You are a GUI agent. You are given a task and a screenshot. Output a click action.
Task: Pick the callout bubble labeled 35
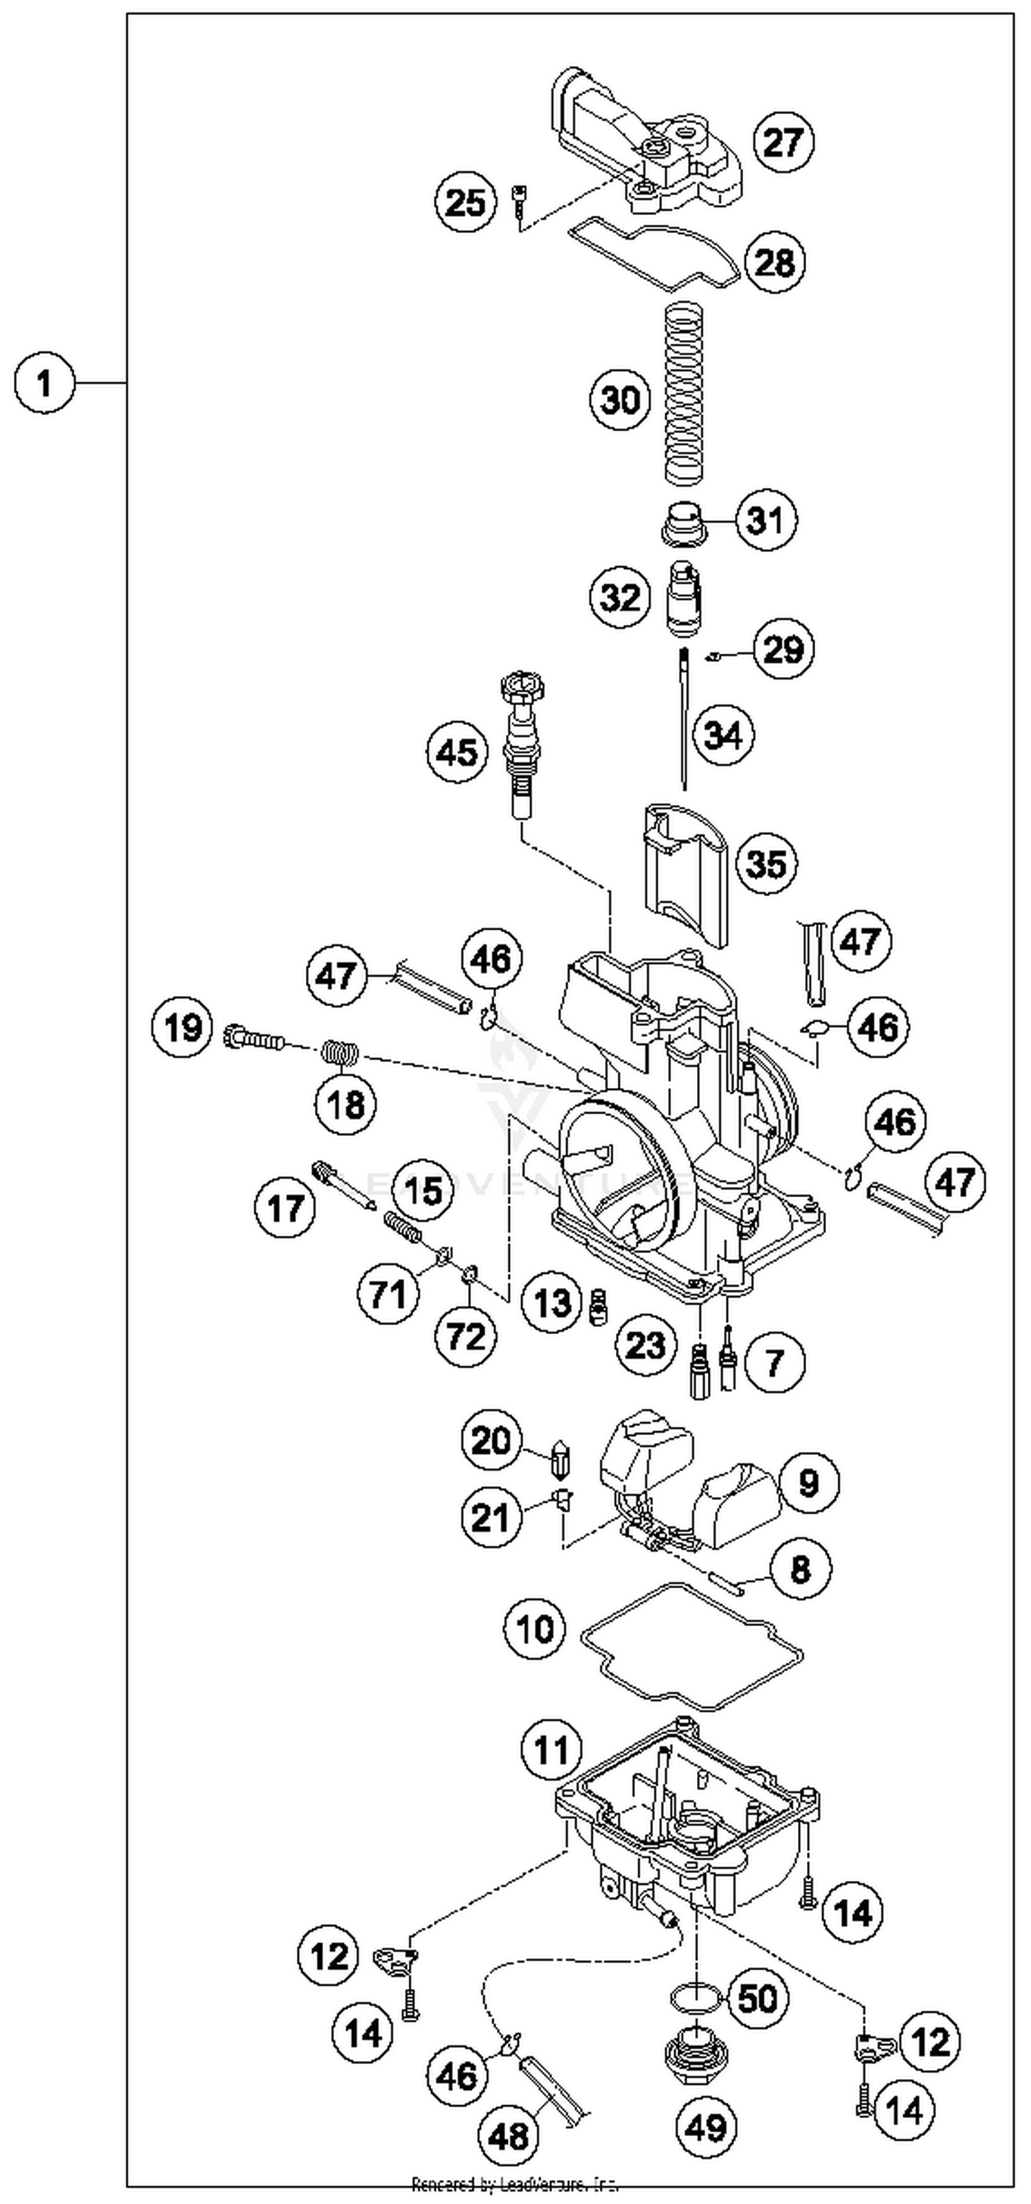pos(766,863)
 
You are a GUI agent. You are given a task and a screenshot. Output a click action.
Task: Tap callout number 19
pos(183,1027)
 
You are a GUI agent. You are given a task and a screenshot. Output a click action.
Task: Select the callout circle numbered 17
pos(286,1208)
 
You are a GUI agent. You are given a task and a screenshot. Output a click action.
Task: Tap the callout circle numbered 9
pos(808,1483)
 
